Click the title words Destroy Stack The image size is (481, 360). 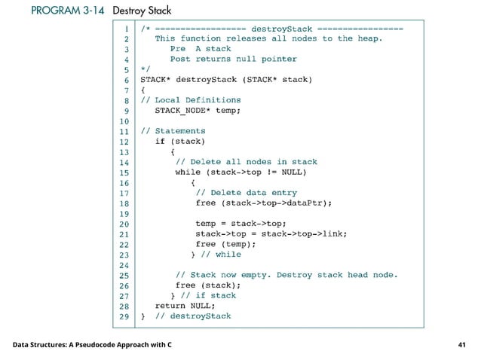[x=142, y=11]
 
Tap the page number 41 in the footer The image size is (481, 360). [x=462, y=345]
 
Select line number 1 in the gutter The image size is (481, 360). [x=127, y=28]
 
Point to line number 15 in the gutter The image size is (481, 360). [x=124, y=172]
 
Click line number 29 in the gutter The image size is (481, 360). [x=124, y=316]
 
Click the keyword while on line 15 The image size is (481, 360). [x=188, y=172]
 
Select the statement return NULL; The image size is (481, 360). [x=185, y=306]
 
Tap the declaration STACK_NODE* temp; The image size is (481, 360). [x=198, y=110]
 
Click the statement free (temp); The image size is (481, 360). [x=225, y=244]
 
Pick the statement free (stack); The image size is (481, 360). [x=208, y=285]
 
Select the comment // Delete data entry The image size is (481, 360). [x=246, y=192]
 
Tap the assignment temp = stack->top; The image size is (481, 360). [x=240, y=223]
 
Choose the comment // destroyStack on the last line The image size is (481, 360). [x=193, y=316]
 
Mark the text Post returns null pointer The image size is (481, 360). [x=233, y=59]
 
